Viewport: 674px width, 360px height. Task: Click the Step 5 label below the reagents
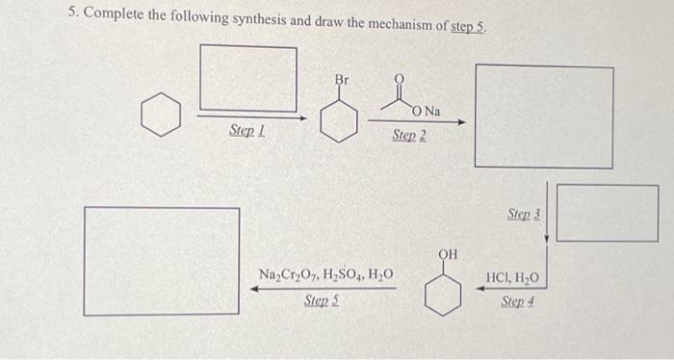coord(321,301)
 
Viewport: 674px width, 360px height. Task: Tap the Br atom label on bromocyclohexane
coord(342,78)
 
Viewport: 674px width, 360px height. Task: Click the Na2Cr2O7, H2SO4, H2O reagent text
coord(325,277)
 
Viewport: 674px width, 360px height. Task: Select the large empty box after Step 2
coord(543,116)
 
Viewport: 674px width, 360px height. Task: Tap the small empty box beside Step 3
coord(608,213)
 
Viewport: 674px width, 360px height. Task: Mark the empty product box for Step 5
coord(162,260)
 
